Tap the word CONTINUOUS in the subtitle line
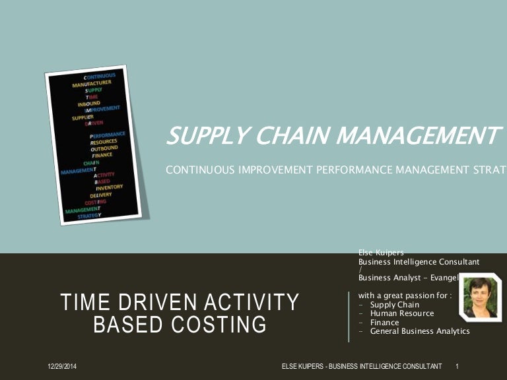pos(198,170)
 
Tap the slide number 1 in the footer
pos(457,365)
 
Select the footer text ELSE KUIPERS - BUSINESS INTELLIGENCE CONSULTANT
pos(362,365)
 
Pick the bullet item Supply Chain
pos(394,305)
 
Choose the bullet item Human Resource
pos(401,313)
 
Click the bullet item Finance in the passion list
pos(384,323)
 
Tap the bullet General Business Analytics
pos(419,331)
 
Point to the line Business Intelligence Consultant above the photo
pos(419,262)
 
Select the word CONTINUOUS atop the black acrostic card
pos(101,76)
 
